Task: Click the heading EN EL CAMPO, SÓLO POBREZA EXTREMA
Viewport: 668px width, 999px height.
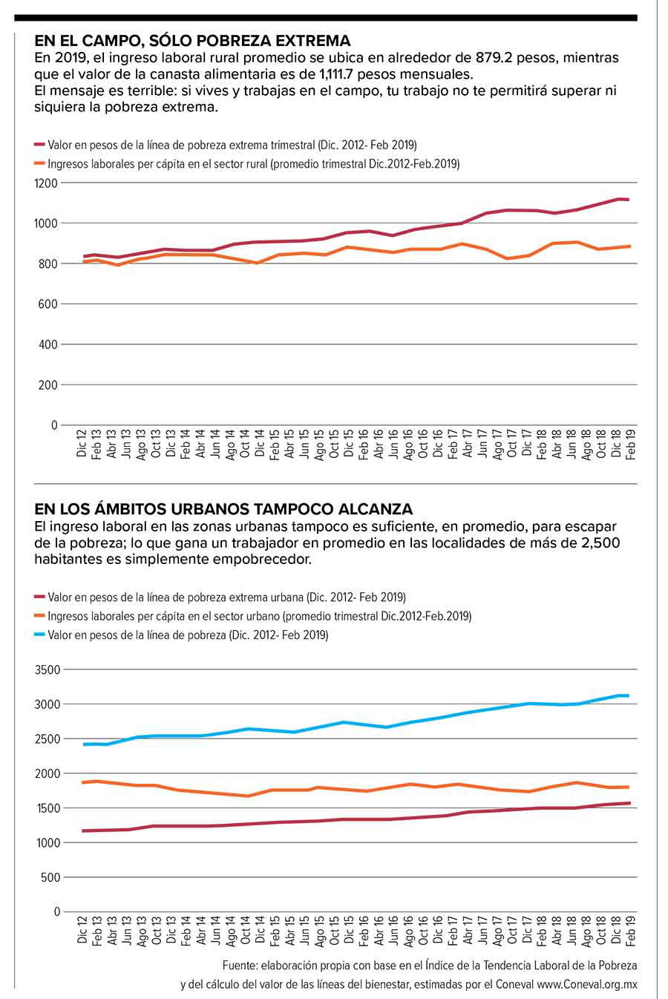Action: point(192,40)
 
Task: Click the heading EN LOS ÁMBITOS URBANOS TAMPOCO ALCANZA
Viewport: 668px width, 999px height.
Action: point(223,509)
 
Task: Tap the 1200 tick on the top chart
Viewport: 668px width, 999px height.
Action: point(45,183)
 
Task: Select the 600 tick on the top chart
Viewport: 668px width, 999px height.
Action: point(48,304)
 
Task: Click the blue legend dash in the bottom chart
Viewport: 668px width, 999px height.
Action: point(40,635)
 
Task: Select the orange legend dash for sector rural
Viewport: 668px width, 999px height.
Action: point(40,164)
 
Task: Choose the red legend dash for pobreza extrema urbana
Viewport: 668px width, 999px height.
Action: point(40,597)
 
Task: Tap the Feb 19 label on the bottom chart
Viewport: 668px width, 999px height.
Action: point(632,930)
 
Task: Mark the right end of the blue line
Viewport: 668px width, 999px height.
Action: point(629,695)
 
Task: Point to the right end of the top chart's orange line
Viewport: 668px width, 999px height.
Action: point(630,246)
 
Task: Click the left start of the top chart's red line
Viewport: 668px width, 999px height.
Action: point(84,256)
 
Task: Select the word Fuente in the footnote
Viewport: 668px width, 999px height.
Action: point(239,966)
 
